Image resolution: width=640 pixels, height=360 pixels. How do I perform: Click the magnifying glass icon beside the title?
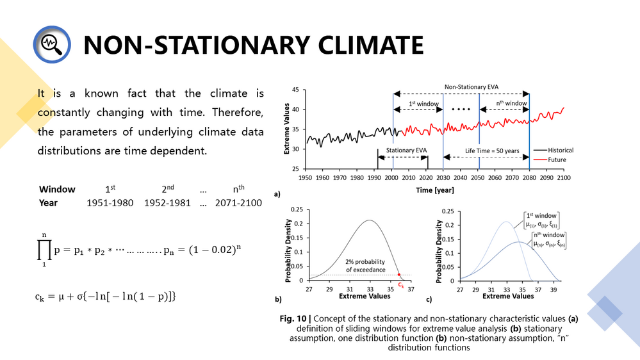[x=51, y=44]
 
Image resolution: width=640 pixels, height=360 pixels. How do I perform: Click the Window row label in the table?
[x=57, y=190]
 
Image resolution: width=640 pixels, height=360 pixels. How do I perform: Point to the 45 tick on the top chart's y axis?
[x=296, y=90]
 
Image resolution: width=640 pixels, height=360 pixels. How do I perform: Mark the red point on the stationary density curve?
[x=398, y=275]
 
